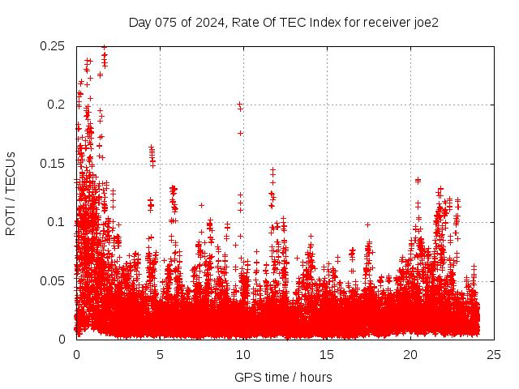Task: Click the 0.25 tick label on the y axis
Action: tap(54, 46)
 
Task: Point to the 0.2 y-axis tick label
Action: tap(57, 105)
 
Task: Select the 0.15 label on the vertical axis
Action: tap(54, 164)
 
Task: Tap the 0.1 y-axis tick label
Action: tap(57, 222)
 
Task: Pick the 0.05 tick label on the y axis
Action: tap(54, 280)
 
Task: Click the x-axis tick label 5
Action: tap(160, 354)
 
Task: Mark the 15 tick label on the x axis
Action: tap(327, 354)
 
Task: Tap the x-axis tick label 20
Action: tap(410, 354)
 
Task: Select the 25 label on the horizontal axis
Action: tap(494, 354)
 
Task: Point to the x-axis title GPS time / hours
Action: tap(283, 377)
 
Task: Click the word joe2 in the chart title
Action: tap(426, 22)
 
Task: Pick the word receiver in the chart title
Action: tap(384, 22)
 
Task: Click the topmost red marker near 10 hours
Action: tap(239, 105)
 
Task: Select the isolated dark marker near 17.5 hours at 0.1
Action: tap(367, 224)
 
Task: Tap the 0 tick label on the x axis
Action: tap(76, 354)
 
